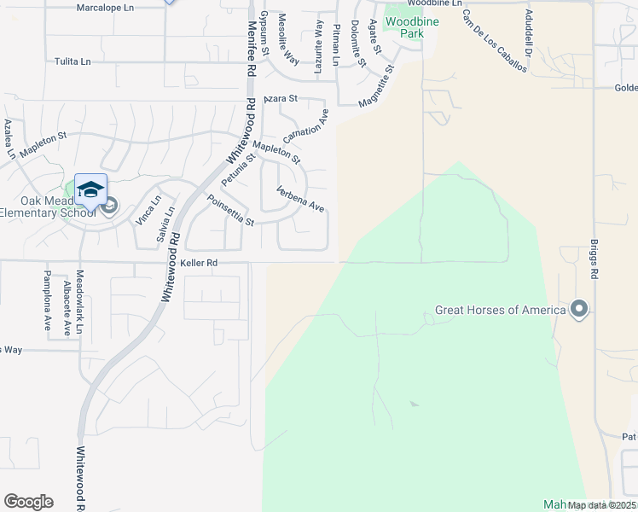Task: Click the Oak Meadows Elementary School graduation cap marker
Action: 91,190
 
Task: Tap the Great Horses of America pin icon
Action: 580,309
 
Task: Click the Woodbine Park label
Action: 405,26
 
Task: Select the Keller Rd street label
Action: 200,263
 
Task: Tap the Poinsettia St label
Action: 231,210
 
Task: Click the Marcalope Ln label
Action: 105,7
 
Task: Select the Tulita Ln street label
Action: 72,61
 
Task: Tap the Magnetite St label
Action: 377,86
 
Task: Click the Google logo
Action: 28,502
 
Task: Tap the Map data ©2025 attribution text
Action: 601,505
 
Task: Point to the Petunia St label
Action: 239,170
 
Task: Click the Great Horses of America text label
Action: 501,310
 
